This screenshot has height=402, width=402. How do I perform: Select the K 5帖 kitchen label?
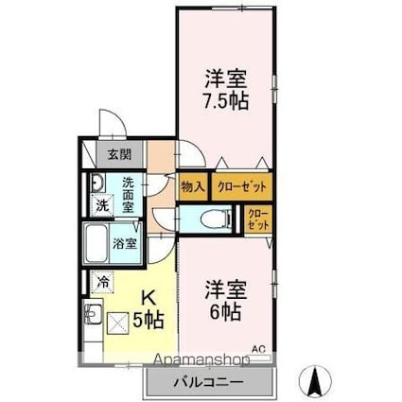[x=148, y=308]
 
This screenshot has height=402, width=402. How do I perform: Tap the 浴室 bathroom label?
[x=125, y=242]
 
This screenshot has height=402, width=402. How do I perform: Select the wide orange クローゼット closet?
[x=240, y=186]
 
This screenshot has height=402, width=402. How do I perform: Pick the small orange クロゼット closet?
[x=258, y=220]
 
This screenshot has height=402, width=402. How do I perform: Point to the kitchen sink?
[x=94, y=313]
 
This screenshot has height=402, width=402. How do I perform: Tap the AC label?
[x=258, y=348]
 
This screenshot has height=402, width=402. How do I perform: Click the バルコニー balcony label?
[x=208, y=382]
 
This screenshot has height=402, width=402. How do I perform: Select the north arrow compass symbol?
[x=313, y=381]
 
